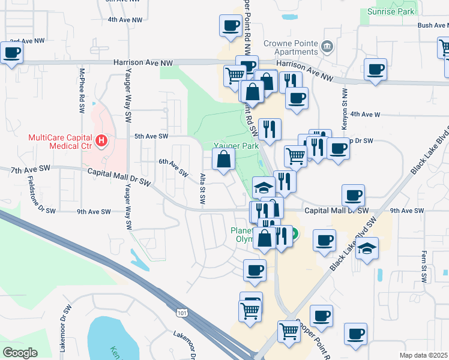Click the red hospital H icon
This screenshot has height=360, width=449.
(101, 141)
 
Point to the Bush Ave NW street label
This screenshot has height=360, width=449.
(432, 25)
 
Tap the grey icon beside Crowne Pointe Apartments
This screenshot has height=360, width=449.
(328, 46)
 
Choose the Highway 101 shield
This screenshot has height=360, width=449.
(182, 312)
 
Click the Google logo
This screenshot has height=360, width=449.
(20, 353)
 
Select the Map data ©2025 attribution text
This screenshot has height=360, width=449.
(423, 355)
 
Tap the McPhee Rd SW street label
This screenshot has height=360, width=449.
(82, 96)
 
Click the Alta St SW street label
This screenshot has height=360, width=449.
(202, 188)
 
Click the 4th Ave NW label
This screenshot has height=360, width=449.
(125, 19)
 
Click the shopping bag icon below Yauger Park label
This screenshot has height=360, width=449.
(223, 160)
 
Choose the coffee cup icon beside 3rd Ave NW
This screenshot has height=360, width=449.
(11, 53)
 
